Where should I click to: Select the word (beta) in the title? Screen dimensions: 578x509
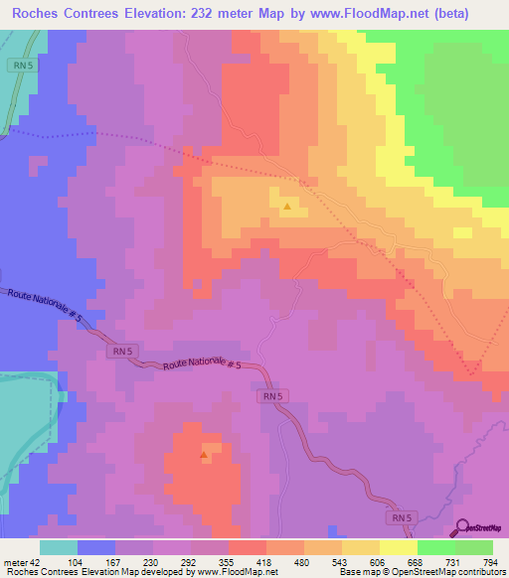pos(472,14)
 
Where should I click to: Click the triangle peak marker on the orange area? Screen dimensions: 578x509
pos(287,208)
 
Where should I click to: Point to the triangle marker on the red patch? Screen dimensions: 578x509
pos(204,456)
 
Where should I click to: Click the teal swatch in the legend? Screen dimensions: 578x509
pos(59,547)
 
